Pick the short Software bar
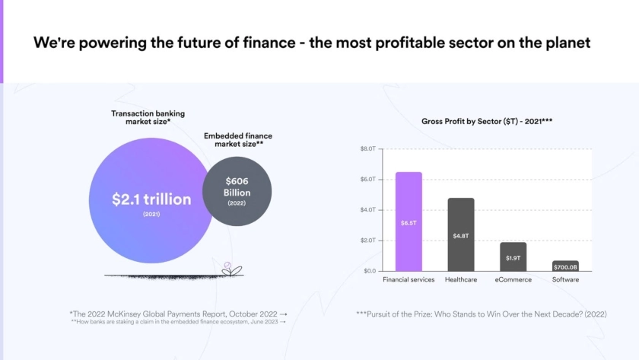pos(565,266)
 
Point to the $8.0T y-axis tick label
pos(368,149)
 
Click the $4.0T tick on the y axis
pos(368,210)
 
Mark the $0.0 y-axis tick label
pos(369,271)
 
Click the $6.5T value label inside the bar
pos(409,223)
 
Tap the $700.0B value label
pos(565,267)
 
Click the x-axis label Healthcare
pos(461,280)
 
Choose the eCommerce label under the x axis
pos(513,280)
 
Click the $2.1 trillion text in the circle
pos(151,199)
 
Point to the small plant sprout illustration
pos(228,268)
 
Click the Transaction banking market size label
pos(148,118)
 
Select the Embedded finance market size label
pos(238,139)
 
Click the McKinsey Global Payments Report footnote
pos(178,313)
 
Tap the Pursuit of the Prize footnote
pos(481,314)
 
